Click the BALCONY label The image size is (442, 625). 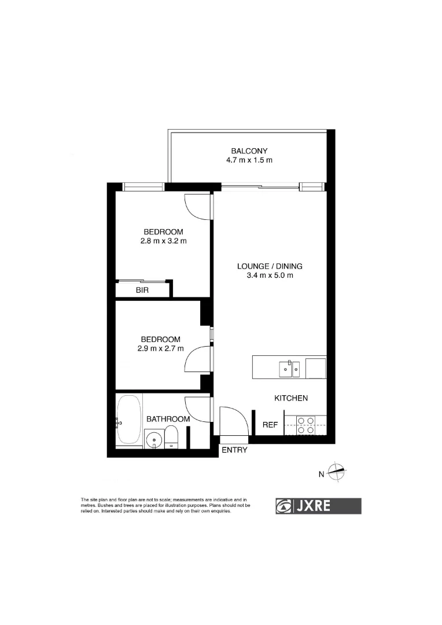tap(249, 151)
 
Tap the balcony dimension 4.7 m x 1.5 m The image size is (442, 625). tap(249, 160)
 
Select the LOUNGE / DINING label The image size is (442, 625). tap(270, 267)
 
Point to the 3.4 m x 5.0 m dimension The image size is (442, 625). tap(270, 276)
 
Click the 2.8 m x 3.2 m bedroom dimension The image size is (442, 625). tap(163, 241)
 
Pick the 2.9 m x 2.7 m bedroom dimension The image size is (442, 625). tap(160, 348)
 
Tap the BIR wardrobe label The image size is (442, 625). tap(142, 291)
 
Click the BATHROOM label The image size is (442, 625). tap(168, 419)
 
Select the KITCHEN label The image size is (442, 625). tap(290, 398)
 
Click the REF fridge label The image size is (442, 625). tap(270, 425)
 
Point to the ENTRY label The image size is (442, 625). tap(234, 450)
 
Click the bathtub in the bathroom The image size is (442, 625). tap(128, 421)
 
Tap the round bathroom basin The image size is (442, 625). tap(153, 440)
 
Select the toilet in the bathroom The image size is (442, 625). tap(172, 437)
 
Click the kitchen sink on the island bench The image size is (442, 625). tap(289, 368)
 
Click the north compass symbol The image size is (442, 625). tap(336, 473)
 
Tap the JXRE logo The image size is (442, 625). tap(318, 506)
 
